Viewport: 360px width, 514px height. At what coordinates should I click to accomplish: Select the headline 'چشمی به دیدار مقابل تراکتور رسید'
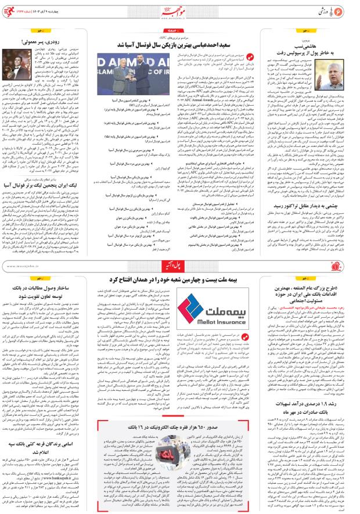306,204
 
